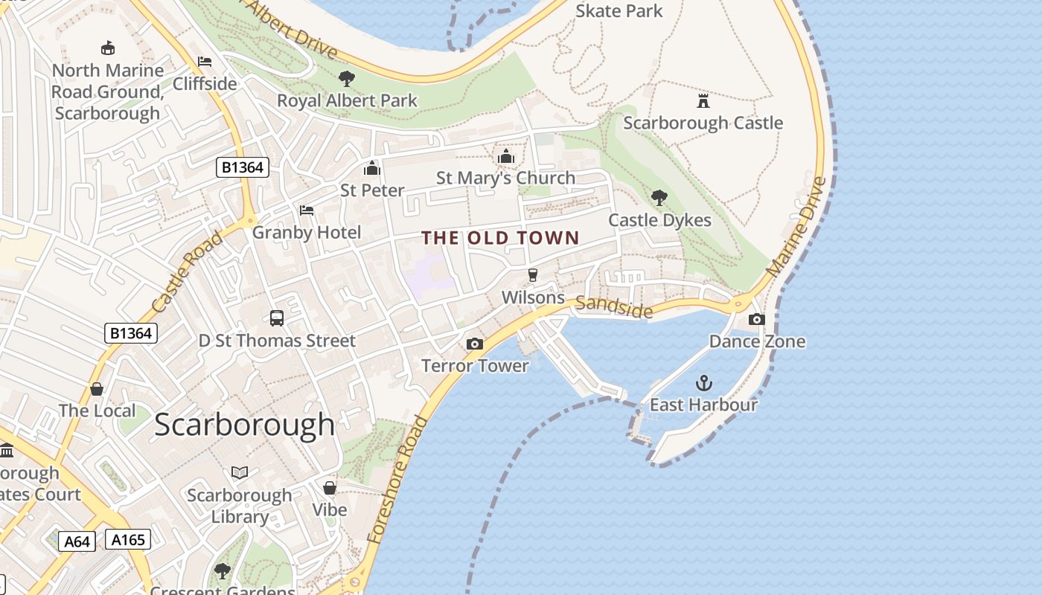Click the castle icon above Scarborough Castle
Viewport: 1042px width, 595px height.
click(x=703, y=100)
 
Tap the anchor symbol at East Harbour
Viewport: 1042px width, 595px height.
click(x=703, y=383)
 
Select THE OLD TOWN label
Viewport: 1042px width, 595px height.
click(x=500, y=238)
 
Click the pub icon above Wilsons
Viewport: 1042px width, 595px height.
click(x=532, y=275)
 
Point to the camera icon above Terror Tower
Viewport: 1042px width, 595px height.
click(x=474, y=344)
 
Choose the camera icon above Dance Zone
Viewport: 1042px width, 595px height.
click(x=756, y=319)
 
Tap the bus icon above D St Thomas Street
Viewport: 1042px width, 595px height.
click(x=277, y=318)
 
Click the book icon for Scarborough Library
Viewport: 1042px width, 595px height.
click(x=240, y=472)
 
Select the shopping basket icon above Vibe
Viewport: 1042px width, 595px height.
click(x=329, y=488)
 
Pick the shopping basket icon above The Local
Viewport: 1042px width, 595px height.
click(x=97, y=389)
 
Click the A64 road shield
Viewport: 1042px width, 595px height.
click(x=77, y=541)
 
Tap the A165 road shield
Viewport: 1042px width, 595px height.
click(x=128, y=539)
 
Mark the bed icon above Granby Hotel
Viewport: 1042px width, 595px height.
click(x=307, y=210)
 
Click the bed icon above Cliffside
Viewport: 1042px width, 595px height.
click(x=205, y=62)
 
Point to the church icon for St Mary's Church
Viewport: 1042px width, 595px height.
click(x=506, y=156)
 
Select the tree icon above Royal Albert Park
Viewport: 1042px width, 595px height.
click(x=346, y=78)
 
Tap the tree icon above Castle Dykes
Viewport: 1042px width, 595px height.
click(x=659, y=198)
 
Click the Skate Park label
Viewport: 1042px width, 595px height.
click(x=619, y=11)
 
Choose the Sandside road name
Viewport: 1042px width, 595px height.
click(x=614, y=306)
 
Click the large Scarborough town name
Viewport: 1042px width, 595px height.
click(x=245, y=425)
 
